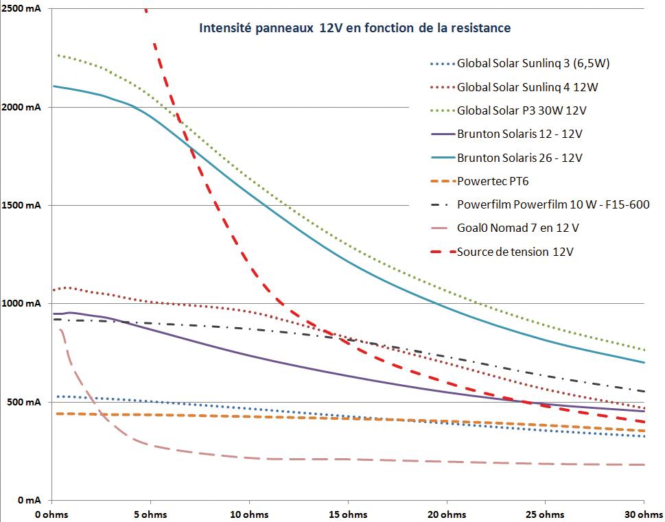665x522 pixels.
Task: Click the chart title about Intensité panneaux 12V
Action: click(354, 29)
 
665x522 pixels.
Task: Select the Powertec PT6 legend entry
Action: click(493, 181)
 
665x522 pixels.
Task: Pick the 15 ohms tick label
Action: click(347, 514)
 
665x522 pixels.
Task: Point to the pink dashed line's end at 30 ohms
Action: click(644, 465)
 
